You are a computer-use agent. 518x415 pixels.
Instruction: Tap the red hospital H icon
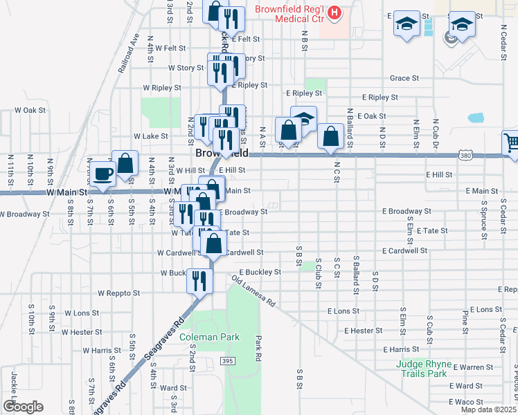(335, 12)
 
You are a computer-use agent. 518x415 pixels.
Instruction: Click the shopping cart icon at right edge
(511, 144)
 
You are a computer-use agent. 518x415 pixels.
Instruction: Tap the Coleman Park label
(209, 337)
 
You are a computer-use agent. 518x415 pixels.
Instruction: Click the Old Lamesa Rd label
(254, 293)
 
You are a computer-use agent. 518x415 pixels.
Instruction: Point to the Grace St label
(405, 79)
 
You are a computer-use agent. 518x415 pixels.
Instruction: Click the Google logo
(23, 407)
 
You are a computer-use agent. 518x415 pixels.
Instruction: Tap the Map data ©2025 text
(488, 409)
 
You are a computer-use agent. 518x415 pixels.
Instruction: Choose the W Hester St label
(82, 332)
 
